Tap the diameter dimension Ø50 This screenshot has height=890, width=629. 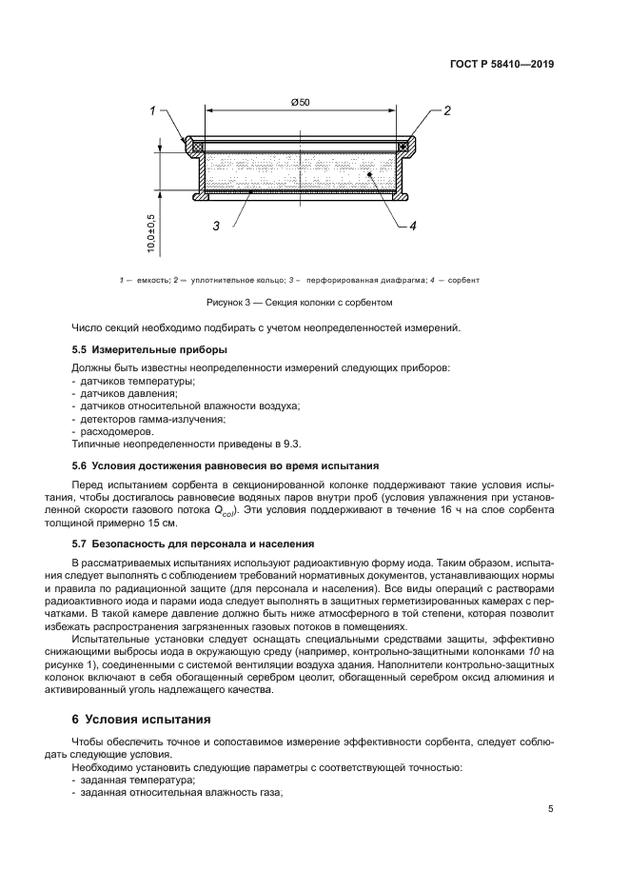(x=299, y=103)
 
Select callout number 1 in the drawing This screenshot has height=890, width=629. (x=152, y=111)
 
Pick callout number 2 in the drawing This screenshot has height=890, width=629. (x=445, y=111)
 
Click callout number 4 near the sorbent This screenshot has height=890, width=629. (x=413, y=226)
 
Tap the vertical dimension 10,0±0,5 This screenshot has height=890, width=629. (x=151, y=232)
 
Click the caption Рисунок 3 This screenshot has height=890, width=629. (x=300, y=302)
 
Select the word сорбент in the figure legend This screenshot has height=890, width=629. (x=462, y=280)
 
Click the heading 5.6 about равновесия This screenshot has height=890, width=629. (x=226, y=465)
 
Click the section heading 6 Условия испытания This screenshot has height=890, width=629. (x=141, y=719)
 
